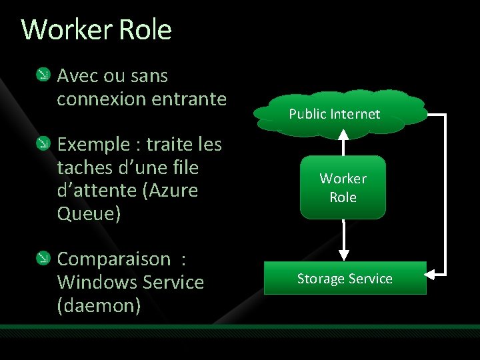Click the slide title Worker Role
97,30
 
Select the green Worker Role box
343,187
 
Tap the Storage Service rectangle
345,279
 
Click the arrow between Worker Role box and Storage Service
343,240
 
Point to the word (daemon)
99,305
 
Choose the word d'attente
97,191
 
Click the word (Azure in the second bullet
170,191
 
